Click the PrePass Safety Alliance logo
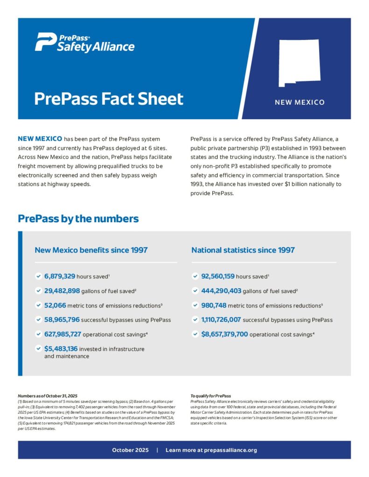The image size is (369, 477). pos(84,42)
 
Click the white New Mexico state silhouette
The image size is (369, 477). pos(299,62)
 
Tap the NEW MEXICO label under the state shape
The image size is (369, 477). pos(299,102)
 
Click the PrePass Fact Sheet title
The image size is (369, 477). pos(109,99)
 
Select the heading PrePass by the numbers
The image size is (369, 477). pos(78,218)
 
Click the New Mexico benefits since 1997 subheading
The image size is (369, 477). pos(91,250)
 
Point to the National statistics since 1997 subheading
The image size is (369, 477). pos(243,250)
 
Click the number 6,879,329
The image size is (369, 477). pos(60,276)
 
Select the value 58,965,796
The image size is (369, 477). pos(62,320)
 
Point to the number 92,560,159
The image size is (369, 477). pos(218,276)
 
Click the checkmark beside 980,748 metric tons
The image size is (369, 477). pos(195,306)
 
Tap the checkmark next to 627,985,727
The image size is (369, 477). pos(38,334)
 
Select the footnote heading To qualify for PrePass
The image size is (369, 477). pos(210,396)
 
